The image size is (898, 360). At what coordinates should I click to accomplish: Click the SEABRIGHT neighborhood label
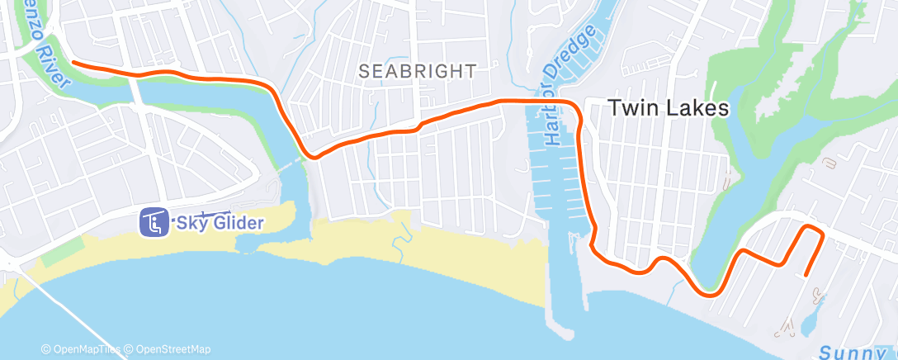pyautogui.click(x=418, y=72)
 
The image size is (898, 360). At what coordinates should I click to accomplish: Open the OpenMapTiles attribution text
pyautogui.click(x=87, y=349)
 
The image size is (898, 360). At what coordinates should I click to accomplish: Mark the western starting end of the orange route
pyautogui.click(x=74, y=62)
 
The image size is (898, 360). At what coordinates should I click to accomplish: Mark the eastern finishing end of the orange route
pyautogui.click(x=806, y=274)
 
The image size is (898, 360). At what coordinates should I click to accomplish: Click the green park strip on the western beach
pyautogui.click(x=62, y=251)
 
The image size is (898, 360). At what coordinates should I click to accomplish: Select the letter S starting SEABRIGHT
pyautogui.click(x=364, y=72)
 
